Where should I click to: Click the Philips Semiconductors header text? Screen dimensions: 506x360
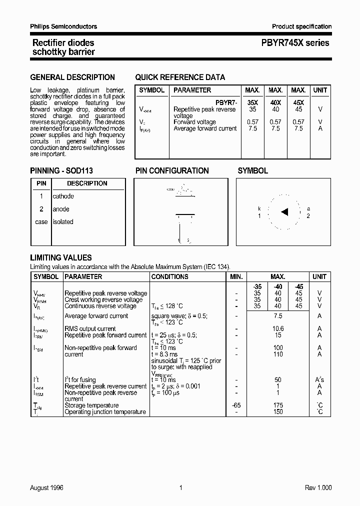coord(63,26)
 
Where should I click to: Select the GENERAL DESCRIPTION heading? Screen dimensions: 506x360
coord(72,77)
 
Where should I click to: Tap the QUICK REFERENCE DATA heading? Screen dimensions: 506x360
coord(180,77)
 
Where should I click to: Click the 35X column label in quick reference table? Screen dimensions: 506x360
coord(252,102)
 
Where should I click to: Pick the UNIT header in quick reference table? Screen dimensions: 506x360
coord(320,90)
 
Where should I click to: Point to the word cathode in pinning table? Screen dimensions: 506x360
coord(63,196)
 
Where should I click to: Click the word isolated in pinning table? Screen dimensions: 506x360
coord(63,221)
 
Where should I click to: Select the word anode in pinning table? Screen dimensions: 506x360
coord(61,209)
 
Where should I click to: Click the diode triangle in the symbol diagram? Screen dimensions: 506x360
coord(284,212)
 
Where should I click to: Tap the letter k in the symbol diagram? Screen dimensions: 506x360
coord(259,208)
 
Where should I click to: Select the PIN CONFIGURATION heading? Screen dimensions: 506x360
coord(172,171)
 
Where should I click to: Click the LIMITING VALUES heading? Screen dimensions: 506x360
coord(61,258)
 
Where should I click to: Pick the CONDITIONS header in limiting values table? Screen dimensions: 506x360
coord(169,276)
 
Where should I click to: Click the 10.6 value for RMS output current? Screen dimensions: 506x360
coord(278,329)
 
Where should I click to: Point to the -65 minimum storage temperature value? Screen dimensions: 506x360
coord(235,405)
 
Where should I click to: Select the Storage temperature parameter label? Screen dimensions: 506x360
coord(91,405)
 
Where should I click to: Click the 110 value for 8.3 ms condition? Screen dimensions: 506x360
coord(278,354)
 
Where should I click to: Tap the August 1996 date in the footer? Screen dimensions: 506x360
coord(47,487)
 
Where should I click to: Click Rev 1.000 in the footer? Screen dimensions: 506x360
coord(317,487)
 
